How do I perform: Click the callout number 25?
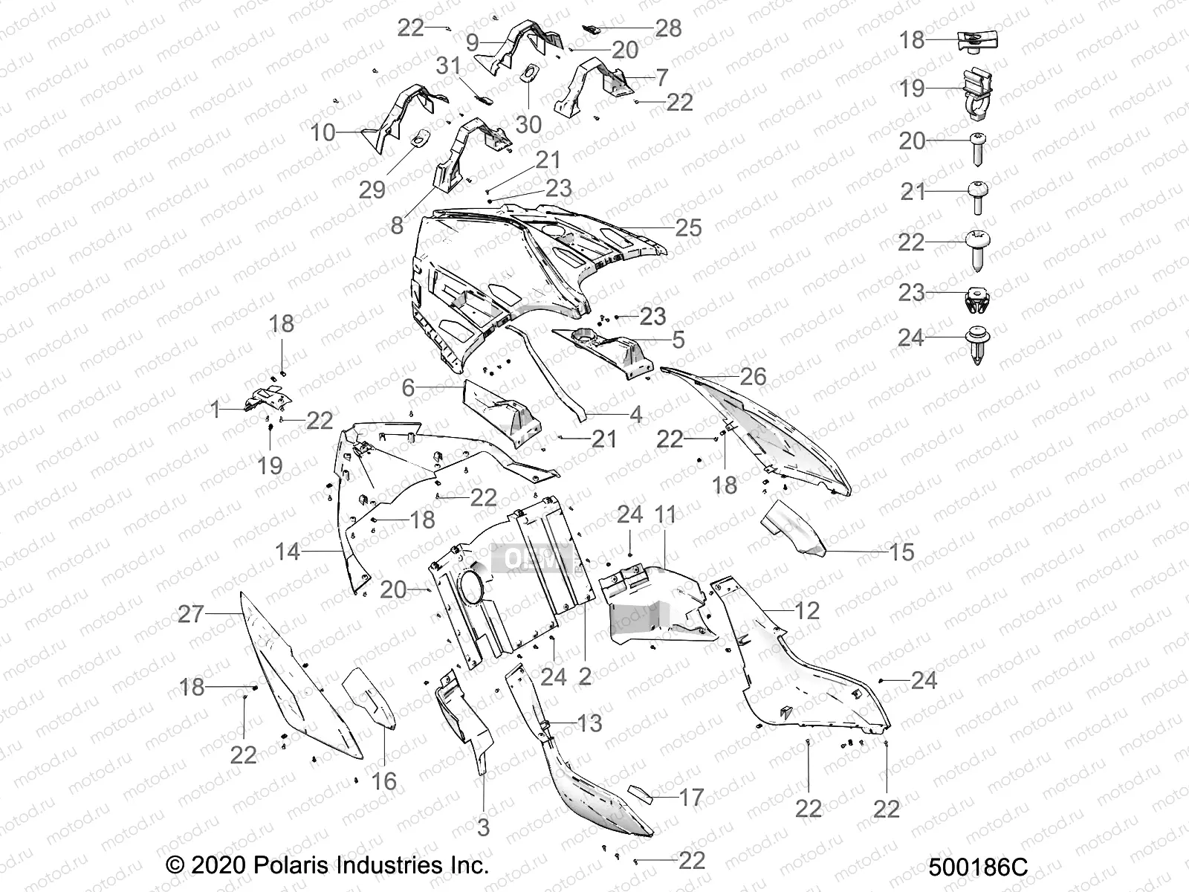click(688, 227)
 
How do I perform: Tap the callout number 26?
click(753, 376)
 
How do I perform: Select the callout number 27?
click(191, 614)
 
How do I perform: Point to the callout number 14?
click(288, 552)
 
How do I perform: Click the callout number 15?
click(901, 552)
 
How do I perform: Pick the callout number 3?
click(483, 827)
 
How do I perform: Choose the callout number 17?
click(691, 798)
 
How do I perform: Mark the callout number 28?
click(668, 28)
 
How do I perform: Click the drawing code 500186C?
click(978, 867)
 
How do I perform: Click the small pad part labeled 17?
click(641, 794)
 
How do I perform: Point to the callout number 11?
click(665, 514)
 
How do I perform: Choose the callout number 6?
click(408, 387)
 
